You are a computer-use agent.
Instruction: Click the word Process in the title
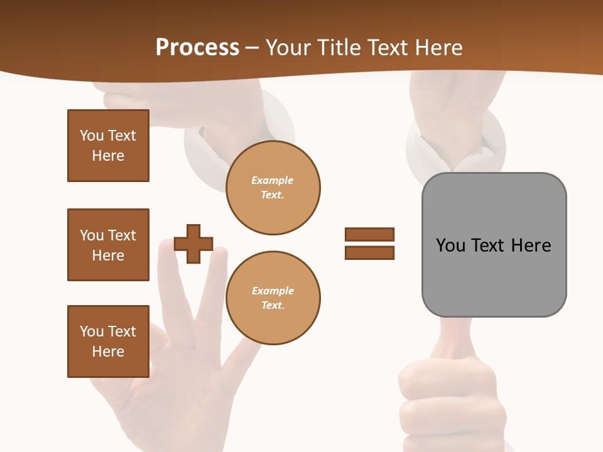coord(197,48)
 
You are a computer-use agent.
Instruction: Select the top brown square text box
coord(108,146)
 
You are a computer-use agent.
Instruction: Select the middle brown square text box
coord(108,245)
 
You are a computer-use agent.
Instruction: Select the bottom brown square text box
coord(108,342)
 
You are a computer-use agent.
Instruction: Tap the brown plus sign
coord(193,244)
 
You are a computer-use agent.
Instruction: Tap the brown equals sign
coord(369,244)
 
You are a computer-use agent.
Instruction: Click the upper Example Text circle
coord(273,188)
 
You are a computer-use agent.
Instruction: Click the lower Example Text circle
coord(273,298)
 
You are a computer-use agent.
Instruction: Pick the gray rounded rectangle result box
coord(494,244)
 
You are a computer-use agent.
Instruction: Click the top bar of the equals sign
coord(369,235)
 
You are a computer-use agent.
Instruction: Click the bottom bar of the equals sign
coord(369,252)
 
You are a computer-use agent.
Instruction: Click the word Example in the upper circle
coord(272,180)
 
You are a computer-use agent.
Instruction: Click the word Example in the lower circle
coord(273,291)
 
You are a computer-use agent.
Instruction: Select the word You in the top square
coord(92,136)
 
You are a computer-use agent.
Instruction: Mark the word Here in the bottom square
coord(108,352)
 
